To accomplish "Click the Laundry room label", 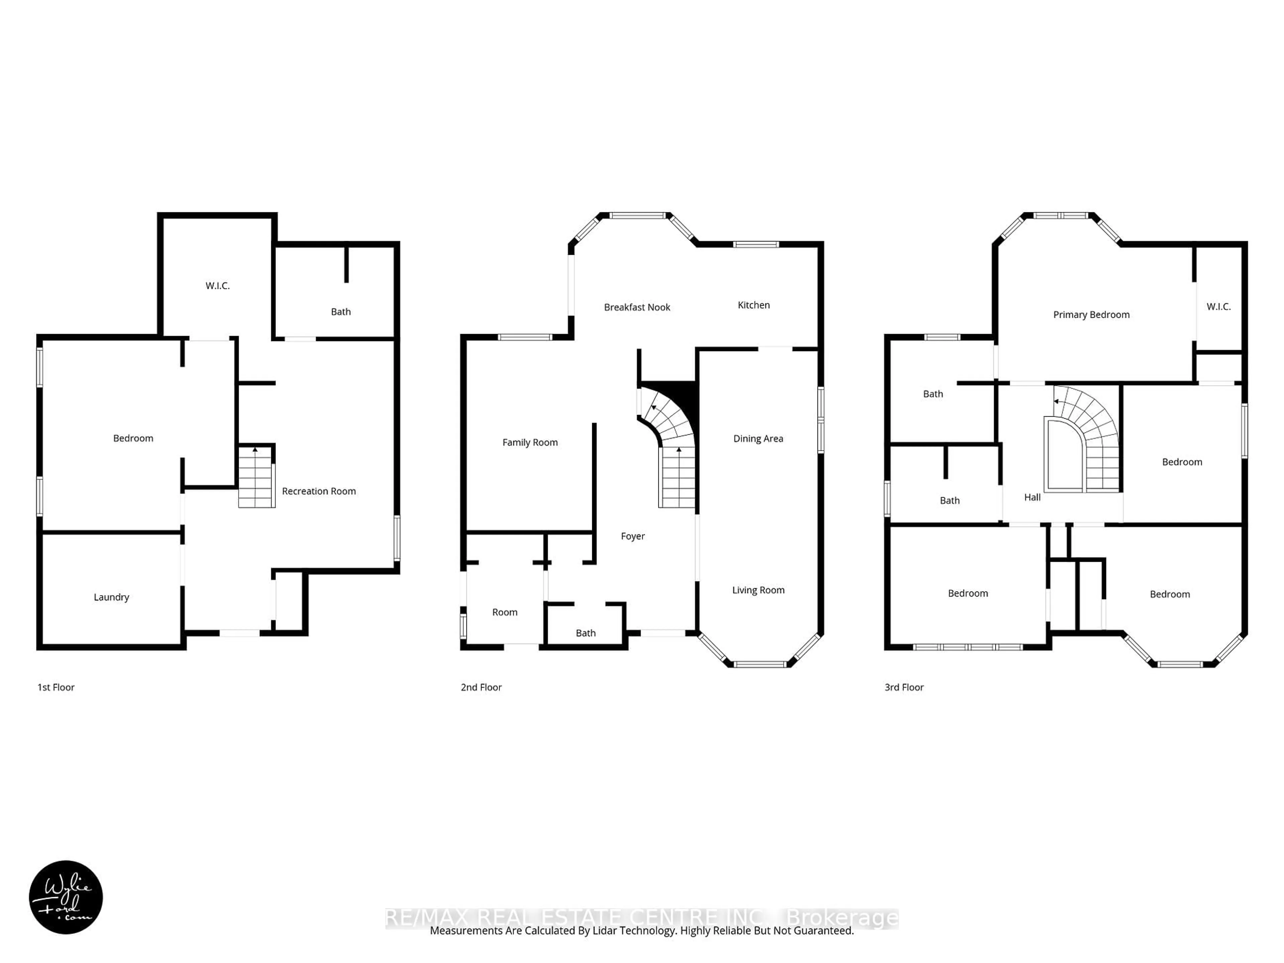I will pyautogui.click(x=111, y=597).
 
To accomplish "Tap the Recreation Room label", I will pyautogui.click(x=319, y=491).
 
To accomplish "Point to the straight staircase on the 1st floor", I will pyautogui.click(x=256, y=477).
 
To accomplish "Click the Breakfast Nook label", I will pyautogui.click(x=637, y=307).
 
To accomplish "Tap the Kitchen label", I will pyautogui.click(x=753, y=305).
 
